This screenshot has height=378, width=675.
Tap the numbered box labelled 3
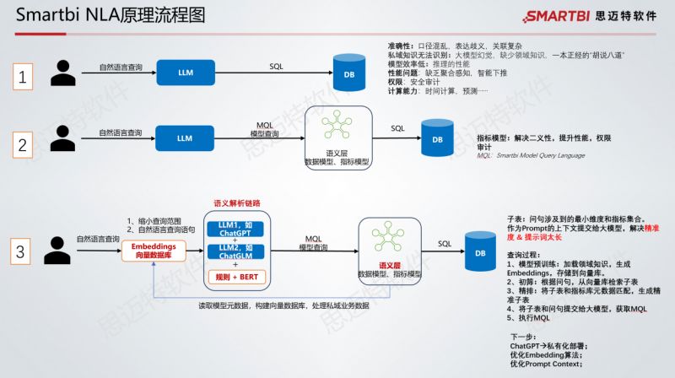coord(24,251)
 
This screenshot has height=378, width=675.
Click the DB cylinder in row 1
coord(348,74)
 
